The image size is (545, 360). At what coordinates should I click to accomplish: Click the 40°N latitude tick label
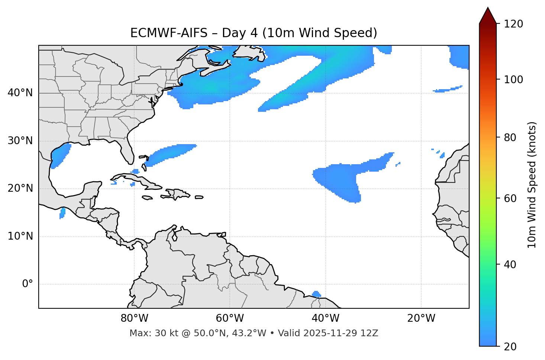tap(20, 93)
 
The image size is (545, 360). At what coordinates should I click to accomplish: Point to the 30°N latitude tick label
tap(20, 141)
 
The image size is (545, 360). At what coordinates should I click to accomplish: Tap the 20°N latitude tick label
tap(20, 188)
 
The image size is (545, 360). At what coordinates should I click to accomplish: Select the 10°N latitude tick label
tap(20, 236)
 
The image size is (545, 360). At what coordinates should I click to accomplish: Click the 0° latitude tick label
tap(28, 284)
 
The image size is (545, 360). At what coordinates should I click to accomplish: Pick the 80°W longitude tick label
tap(134, 318)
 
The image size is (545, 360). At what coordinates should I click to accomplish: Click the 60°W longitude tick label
tap(230, 318)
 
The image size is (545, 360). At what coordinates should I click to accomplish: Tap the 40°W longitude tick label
tap(325, 318)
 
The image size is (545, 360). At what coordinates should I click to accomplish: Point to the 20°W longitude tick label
tap(421, 318)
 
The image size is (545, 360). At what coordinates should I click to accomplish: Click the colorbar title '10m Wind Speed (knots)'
tap(532, 185)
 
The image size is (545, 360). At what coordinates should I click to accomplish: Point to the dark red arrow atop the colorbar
tap(488, 16)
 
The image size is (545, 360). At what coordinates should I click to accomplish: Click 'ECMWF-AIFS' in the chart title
tap(168, 33)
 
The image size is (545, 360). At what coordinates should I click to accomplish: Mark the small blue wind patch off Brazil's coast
tap(316, 294)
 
